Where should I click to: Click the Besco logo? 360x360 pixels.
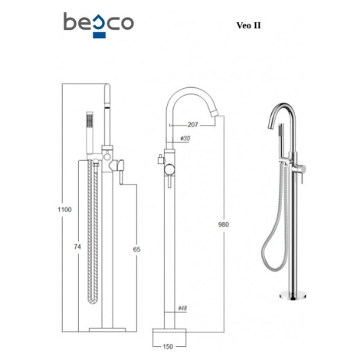[x=99, y=25]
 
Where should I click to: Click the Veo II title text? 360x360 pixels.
[x=248, y=25]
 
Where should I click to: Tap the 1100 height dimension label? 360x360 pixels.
[x=64, y=210]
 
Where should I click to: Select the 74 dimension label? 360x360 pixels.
[x=77, y=247]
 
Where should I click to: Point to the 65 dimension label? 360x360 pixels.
[x=136, y=249]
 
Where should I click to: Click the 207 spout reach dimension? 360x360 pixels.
[x=193, y=125]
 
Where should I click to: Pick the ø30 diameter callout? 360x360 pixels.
[x=185, y=138]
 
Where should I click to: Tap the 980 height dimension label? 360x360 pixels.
[x=224, y=224]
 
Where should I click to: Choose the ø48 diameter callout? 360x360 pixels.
[x=182, y=308]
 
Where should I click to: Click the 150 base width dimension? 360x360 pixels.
[x=168, y=346]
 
